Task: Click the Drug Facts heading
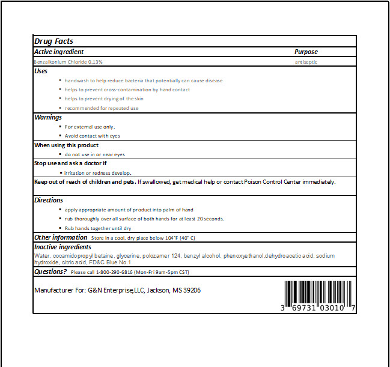[x=54, y=41]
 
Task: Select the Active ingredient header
[x=59, y=52]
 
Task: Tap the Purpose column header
[x=306, y=52]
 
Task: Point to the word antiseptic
[x=306, y=61]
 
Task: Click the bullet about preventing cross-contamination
[x=127, y=89]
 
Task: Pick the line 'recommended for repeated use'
[x=102, y=108]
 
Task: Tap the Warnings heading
[x=48, y=117]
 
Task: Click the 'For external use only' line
[x=90, y=127]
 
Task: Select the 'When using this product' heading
[x=66, y=145]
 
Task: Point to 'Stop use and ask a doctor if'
[x=70, y=163]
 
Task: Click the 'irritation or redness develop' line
[x=97, y=172]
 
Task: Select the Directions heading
[x=49, y=200]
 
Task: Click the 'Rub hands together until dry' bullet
[x=98, y=228]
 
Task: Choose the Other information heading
[x=61, y=237]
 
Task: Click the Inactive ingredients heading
[x=62, y=247]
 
